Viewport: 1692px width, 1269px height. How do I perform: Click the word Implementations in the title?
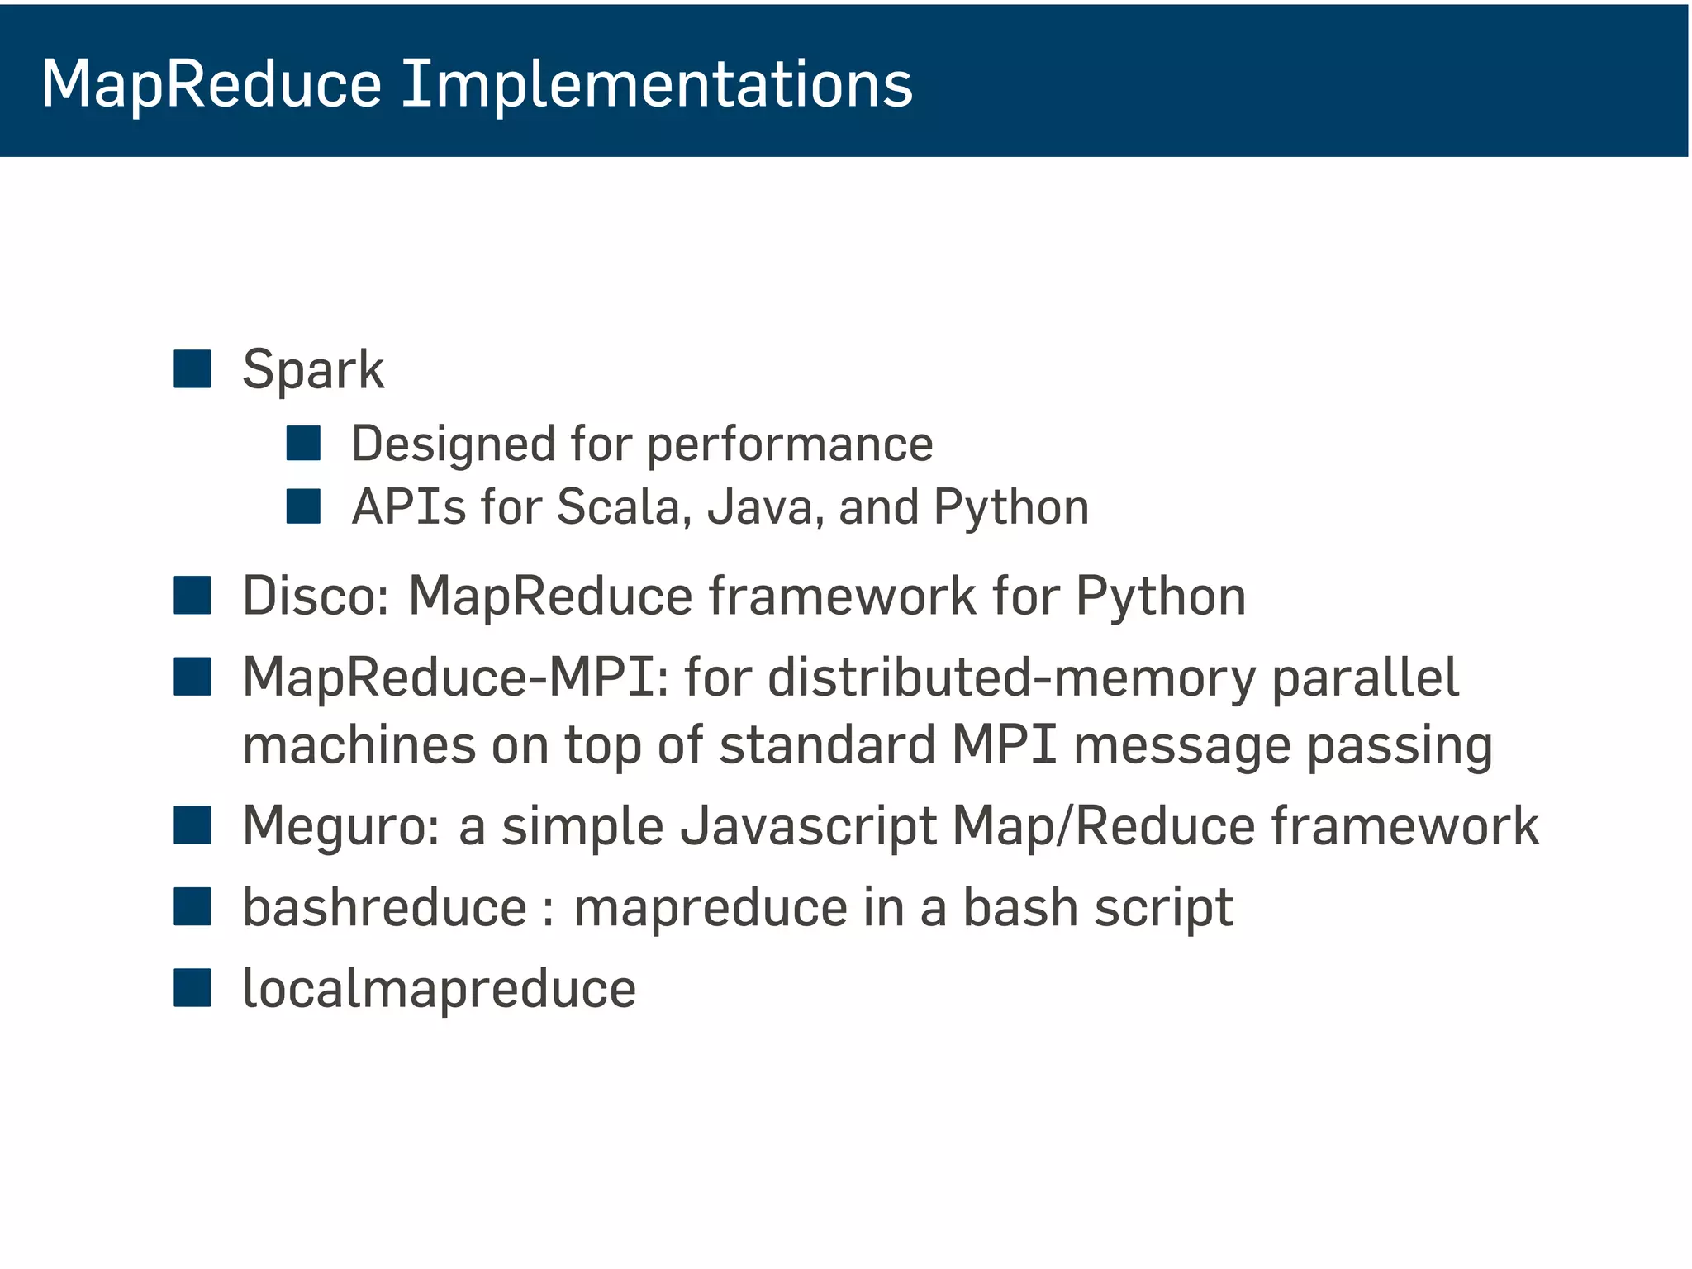657,84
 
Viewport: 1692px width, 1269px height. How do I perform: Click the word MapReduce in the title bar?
211,84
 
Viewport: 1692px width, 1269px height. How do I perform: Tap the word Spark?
312,369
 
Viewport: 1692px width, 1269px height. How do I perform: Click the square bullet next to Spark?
192,368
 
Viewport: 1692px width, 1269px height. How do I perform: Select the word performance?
789,444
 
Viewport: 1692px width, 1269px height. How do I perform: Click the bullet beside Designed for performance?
303,443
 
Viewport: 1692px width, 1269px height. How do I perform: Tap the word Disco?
314,596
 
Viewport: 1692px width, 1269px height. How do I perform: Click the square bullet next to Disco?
192,596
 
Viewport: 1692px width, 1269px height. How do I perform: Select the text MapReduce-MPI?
454,677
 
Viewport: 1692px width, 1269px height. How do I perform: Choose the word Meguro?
340,826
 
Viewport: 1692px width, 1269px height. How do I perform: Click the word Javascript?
807,826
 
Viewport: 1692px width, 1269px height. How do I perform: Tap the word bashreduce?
384,907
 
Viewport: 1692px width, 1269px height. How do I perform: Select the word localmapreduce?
439,989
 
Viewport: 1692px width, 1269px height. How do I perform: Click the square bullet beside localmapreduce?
192,988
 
